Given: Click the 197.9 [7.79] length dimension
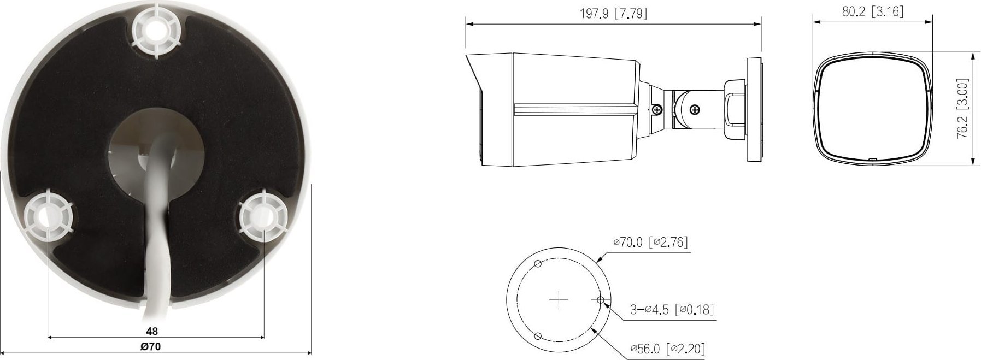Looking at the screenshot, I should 613,13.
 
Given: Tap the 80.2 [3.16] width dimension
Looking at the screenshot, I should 872,11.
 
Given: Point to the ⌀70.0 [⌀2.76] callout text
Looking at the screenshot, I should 650,242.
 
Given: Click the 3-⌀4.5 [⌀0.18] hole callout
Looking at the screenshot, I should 672,310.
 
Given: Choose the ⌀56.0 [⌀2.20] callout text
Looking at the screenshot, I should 667,348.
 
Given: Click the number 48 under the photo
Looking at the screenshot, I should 152,331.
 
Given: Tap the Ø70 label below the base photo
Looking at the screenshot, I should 151,346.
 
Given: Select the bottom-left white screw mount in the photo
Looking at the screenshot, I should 48,216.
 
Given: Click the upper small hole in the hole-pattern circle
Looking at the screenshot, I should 537,264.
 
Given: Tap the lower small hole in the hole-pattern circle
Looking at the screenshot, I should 537,335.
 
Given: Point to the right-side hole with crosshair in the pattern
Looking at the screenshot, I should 600,300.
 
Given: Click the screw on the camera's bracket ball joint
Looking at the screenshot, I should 695,109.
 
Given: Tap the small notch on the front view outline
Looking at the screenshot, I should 872,160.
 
